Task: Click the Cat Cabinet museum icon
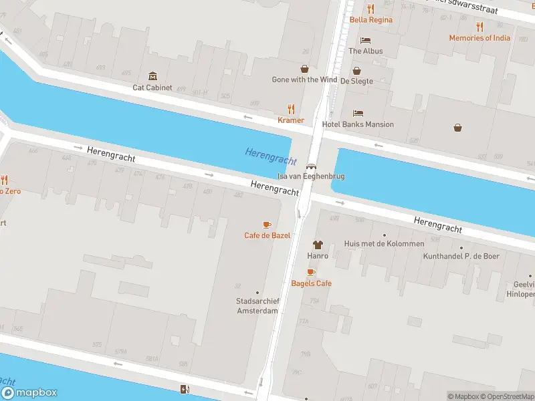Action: (x=152, y=76)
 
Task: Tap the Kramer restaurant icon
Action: (x=291, y=109)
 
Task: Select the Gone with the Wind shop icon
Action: (x=304, y=69)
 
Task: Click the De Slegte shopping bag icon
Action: (x=356, y=70)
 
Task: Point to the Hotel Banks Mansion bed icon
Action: (x=358, y=114)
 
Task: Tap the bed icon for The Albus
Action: (x=365, y=40)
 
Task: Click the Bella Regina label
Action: (x=371, y=20)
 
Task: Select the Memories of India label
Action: (x=479, y=38)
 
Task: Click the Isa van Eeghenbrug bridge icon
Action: (x=311, y=166)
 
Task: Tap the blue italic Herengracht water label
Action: (x=270, y=156)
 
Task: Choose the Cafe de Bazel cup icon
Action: (x=267, y=225)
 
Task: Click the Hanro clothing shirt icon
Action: (x=317, y=245)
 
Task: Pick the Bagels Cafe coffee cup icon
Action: (x=311, y=272)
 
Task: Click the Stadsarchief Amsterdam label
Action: (x=257, y=305)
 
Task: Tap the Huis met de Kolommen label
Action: (x=384, y=244)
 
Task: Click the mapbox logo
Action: (x=29, y=393)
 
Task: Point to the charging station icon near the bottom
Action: (x=185, y=389)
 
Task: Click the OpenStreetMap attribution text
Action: (x=508, y=396)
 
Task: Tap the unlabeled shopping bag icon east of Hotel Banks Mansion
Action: (x=458, y=127)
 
